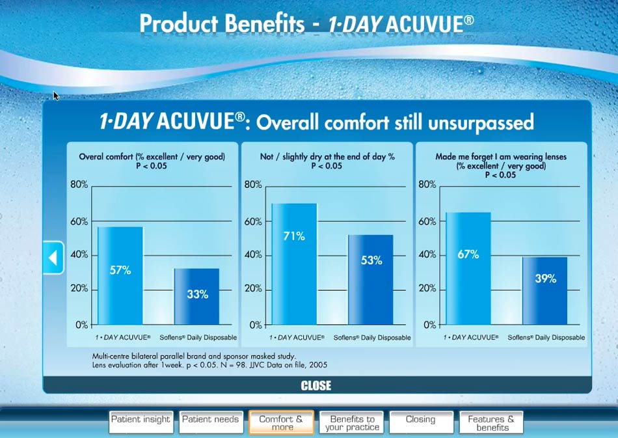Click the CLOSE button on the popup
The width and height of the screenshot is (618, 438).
[316, 385]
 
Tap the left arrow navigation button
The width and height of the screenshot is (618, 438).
[53, 258]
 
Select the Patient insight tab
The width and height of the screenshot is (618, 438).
[141, 422]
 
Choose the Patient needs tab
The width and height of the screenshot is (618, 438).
[211, 422]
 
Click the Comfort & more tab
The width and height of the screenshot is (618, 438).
[281, 422]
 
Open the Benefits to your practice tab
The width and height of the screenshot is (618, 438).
[351, 422]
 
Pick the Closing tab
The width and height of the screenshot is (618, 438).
[421, 422]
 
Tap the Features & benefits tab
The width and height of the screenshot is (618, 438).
[491, 422]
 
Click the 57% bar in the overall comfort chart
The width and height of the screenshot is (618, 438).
[120, 275]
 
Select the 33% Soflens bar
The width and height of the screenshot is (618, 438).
[196, 297]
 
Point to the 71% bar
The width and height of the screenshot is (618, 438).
[294, 264]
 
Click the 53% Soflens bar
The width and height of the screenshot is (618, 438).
[371, 280]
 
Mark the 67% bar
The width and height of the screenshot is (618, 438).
[468, 269]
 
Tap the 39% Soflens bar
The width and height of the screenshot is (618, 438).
[545, 291]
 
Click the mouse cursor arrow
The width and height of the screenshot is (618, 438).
[55, 96]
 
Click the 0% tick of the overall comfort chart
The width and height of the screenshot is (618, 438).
[82, 325]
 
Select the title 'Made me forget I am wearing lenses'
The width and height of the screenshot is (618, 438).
[501, 156]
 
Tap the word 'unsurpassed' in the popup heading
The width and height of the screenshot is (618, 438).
[481, 123]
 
